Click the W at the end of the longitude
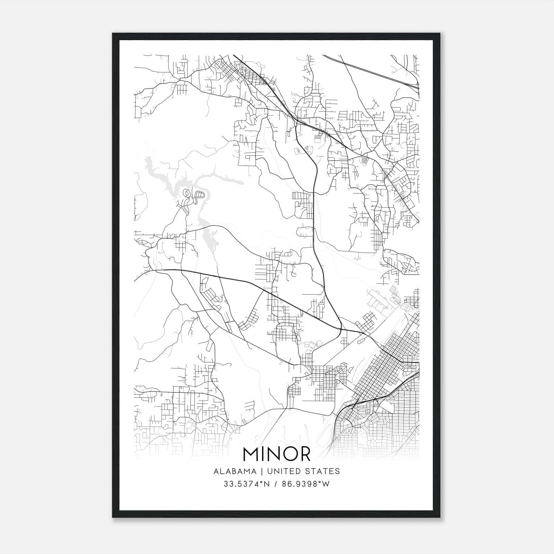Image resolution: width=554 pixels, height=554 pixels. pos(326,484)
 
